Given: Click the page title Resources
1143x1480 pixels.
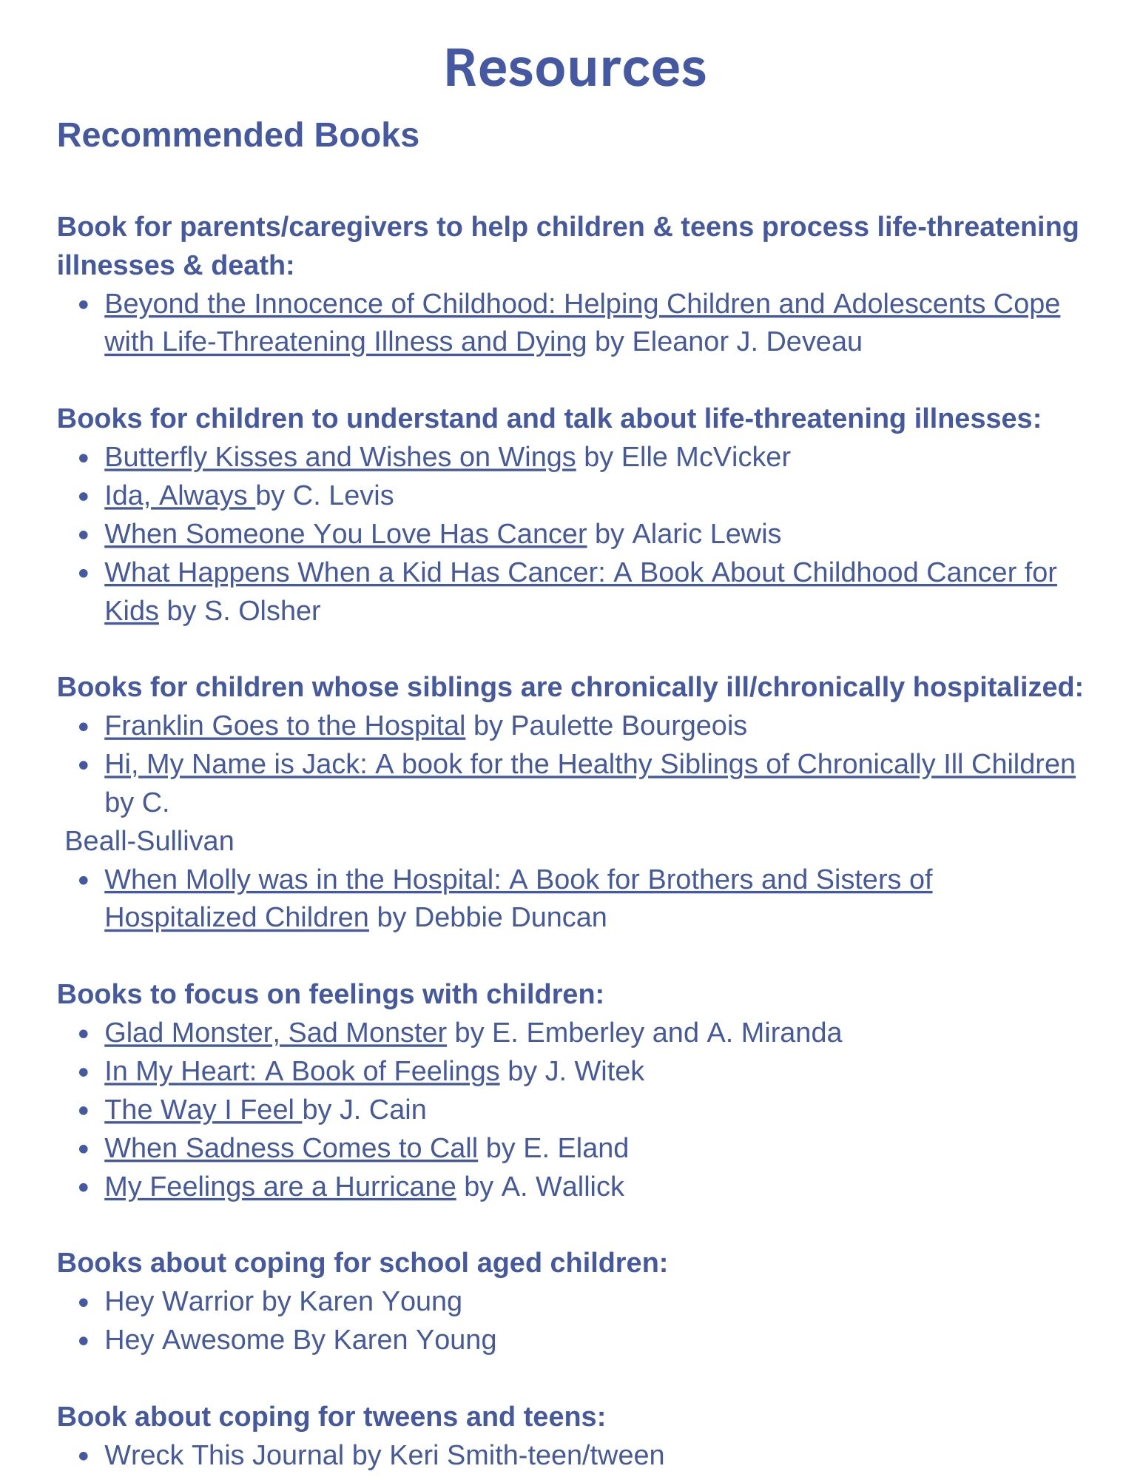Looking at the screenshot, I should (575, 68).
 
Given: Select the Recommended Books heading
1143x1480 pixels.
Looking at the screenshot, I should (237, 135).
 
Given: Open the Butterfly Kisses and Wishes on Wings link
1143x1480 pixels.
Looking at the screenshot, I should (340, 457).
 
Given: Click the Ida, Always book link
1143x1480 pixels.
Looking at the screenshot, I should (178, 496).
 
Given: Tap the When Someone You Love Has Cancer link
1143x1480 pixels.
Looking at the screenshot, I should (345, 534).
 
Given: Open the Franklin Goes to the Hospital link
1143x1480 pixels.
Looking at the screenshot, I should (285, 726).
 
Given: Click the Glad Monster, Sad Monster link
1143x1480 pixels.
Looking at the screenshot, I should (275, 1033).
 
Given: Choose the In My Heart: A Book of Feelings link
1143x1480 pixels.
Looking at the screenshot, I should (302, 1072).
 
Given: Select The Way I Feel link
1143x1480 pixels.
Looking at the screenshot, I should (202, 1110).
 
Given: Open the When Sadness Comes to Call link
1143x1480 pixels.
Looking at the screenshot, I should (291, 1148).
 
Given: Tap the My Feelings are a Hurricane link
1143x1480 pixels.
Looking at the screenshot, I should (280, 1187).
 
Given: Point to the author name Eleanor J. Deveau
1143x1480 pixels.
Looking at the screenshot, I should (747, 343).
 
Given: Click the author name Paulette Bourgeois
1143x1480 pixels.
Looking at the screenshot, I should (628, 726).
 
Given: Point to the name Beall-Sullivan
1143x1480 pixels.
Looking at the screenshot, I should (149, 841).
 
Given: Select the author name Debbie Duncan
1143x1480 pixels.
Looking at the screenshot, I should (510, 918).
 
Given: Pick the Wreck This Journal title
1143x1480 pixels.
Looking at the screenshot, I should (224, 1456).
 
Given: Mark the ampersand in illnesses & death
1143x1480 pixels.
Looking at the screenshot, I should (192, 266).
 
